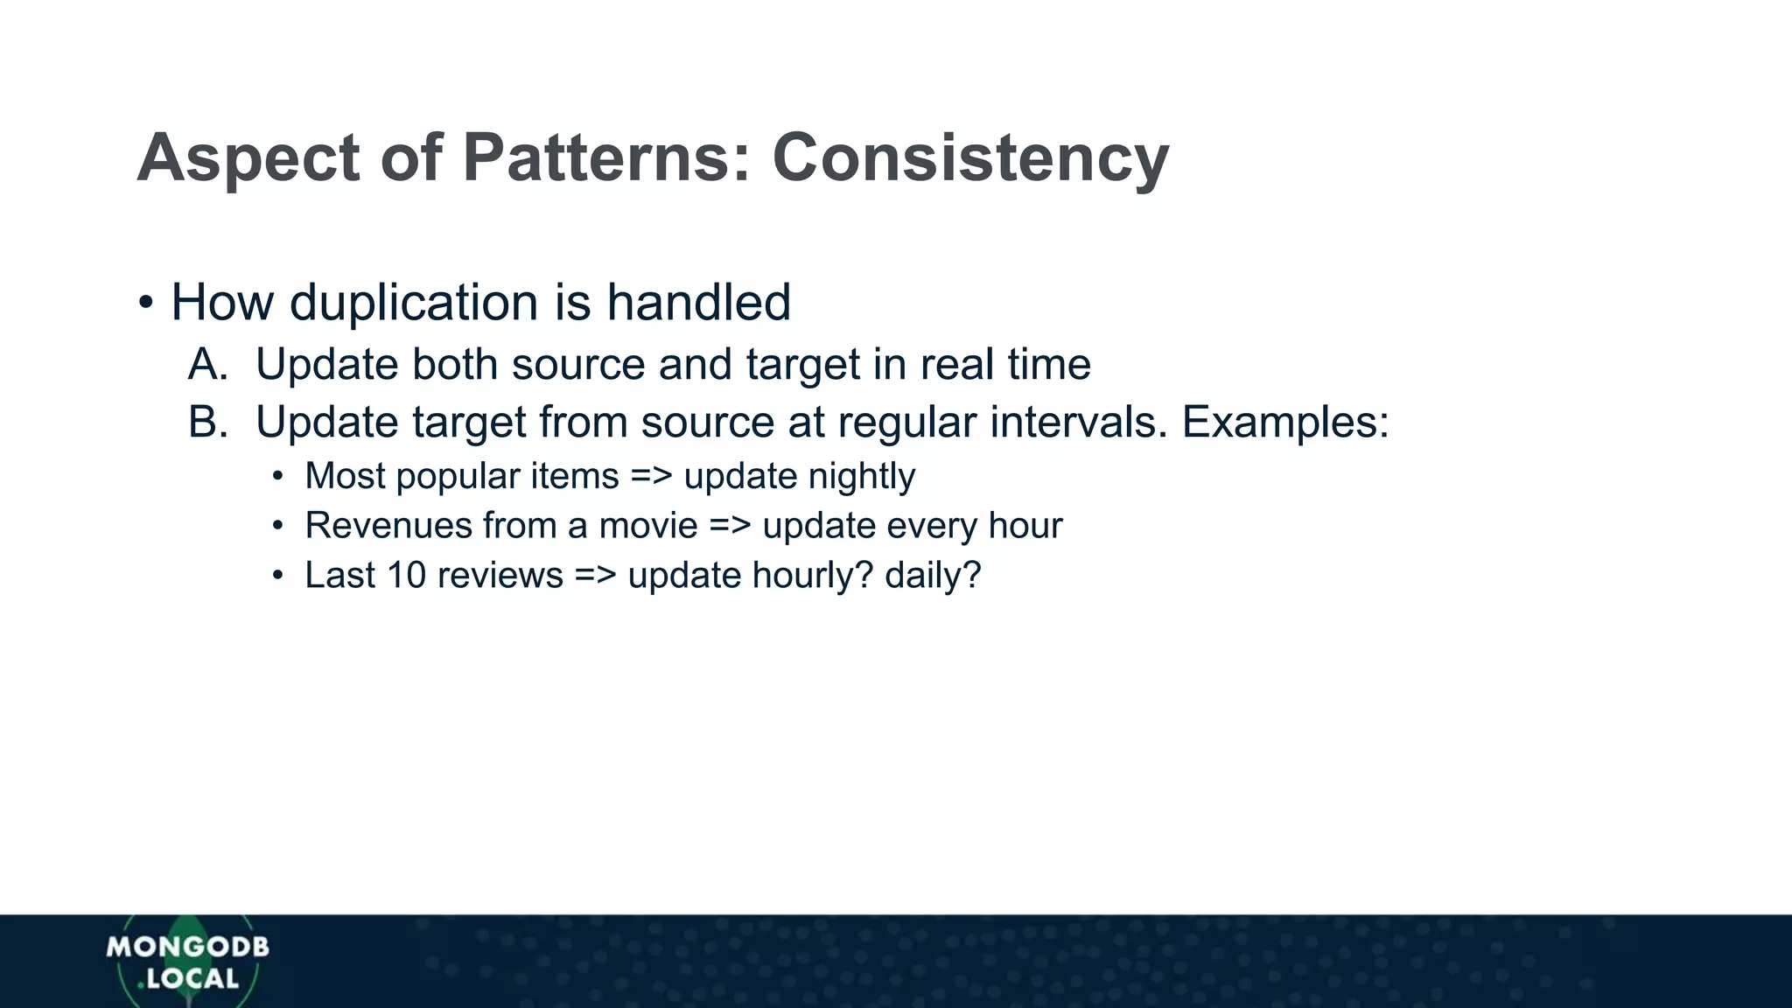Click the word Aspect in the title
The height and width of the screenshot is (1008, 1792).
[x=248, y=159]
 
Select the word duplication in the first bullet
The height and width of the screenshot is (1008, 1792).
[x=413, y=303]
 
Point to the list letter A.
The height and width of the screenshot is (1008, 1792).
[x=207, y=365]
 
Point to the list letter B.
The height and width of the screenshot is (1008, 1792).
[x=207, y=423]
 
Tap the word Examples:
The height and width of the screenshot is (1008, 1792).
[x=1285, y=423]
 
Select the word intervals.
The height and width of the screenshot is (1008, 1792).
[x=1079, y=423]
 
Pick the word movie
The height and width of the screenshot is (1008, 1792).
[x=647, y=526]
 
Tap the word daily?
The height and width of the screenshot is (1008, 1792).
[x=933, y=576]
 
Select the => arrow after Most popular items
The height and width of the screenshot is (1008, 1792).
[x=651, y=477]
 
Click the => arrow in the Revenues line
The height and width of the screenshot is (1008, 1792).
[x=730, y=526]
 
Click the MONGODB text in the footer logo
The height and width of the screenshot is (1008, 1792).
[x=188, y=947]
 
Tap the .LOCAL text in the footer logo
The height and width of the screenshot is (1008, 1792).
[x=189, y=979]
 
